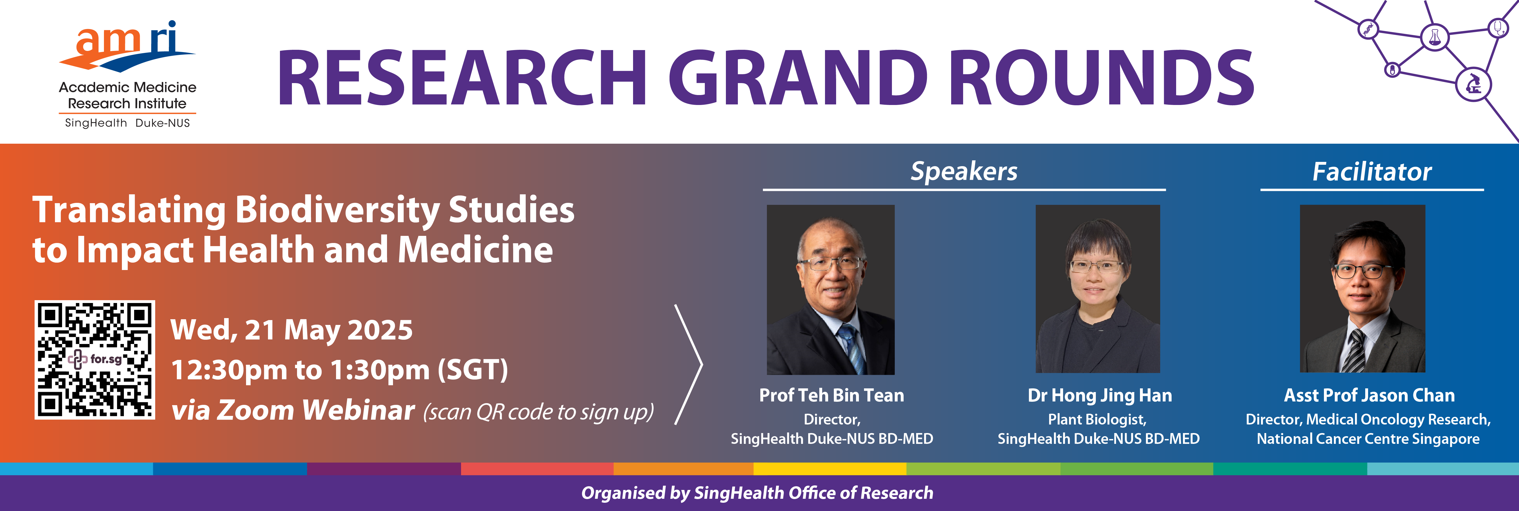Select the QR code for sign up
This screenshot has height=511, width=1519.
coord(95,360)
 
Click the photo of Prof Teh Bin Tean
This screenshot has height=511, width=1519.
coord(830,289)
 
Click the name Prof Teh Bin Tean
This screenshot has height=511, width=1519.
coord(832,395)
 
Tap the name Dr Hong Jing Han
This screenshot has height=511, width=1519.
coord(1100,395)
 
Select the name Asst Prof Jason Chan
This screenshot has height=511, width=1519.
coord(1369,395)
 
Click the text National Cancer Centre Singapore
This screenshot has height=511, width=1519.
coord(1368,439)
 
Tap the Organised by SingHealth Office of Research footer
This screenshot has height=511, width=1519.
coord(757,493)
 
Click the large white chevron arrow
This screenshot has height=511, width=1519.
coord(688,364)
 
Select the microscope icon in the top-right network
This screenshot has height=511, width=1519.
coord(1474,84)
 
